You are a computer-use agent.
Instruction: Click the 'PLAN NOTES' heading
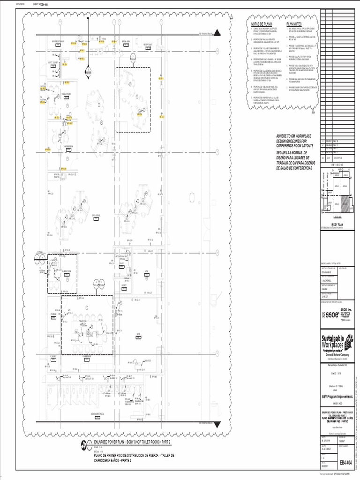294,24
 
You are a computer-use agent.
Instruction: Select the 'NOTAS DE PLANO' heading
262,24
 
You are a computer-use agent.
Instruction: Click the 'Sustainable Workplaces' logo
337,343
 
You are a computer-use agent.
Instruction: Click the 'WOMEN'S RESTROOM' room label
97,413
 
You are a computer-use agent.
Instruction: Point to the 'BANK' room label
139,334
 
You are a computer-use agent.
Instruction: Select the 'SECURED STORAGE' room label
58,41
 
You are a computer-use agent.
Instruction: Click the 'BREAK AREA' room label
126,41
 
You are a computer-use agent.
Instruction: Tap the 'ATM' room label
147,271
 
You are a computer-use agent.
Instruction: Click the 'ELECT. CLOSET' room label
53,62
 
